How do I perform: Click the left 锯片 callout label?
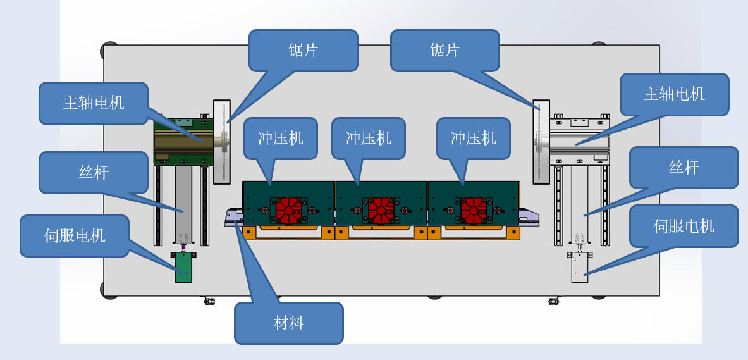(303, 51)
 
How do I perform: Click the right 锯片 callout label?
(445, 51)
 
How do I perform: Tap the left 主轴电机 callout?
(94, 103)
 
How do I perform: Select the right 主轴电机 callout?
(674, 94)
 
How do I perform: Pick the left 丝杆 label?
(94, 172)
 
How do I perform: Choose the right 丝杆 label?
(684, 168)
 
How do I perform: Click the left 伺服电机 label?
(75, 236)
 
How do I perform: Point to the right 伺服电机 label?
(684, 226)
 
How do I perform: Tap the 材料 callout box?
(289, 323)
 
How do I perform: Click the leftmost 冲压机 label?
(280, 138)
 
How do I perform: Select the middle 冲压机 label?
(368, 138)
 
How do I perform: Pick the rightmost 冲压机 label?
(473, 138)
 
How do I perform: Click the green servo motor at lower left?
(183, 267)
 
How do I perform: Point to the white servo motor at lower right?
(579, 267)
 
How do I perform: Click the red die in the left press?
(288, 210)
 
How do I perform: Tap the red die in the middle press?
(381, 210)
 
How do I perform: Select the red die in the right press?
(473, 210)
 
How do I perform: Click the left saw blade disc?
(222, 142)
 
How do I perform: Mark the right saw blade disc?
(541, 142)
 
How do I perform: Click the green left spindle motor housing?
(183, 142)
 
